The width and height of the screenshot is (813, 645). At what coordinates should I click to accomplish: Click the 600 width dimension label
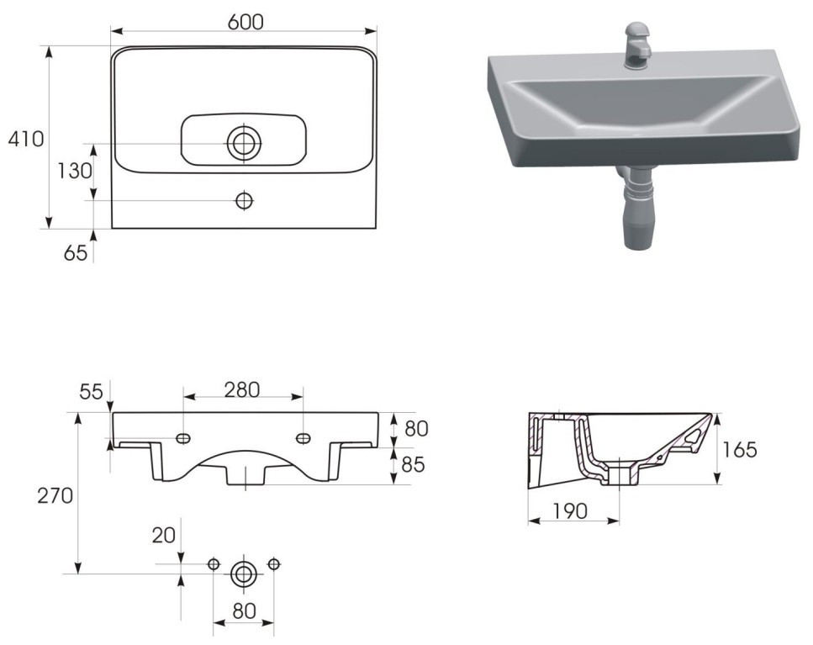(245, 22)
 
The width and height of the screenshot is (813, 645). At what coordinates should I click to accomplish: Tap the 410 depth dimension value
(26, 139)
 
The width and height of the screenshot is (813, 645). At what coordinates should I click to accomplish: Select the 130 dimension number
(74, 171)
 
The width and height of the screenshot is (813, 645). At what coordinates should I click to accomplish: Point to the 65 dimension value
(75, 253)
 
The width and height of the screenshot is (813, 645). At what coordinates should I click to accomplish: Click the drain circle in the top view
(244, 143)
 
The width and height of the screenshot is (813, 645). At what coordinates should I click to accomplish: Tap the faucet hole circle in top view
(244, 200)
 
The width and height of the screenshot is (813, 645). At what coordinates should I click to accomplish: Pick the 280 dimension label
(241, 390)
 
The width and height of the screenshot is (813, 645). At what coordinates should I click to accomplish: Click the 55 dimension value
(92, 392)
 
